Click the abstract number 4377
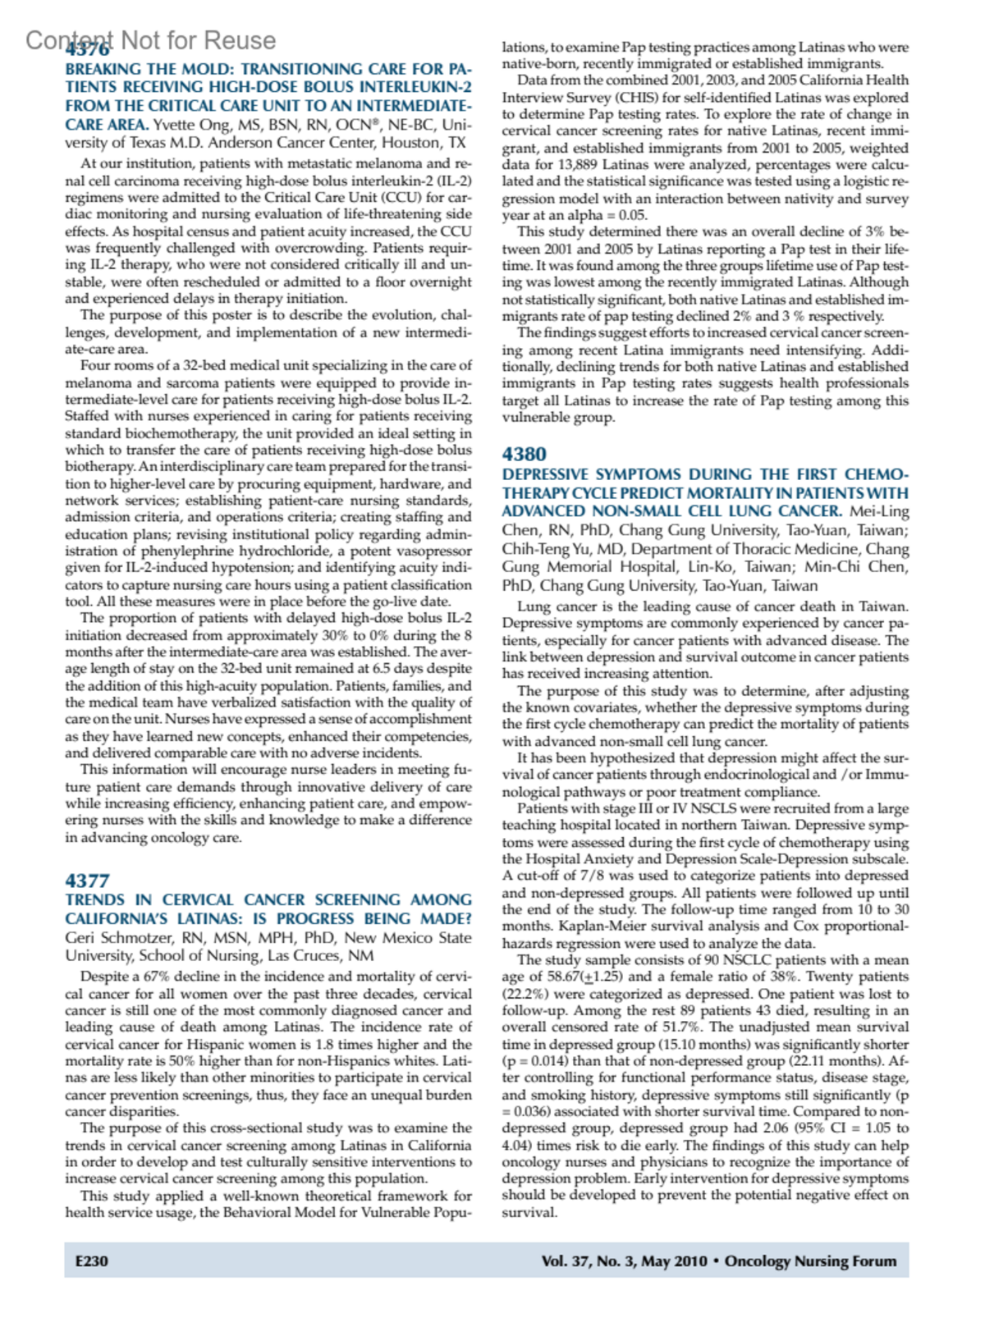tap(87, 881)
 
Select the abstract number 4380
tap(524, 454)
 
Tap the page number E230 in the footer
tap(91, 1261)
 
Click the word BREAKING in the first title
tap(102, 69)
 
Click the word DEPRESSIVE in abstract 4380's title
tap(545, 474)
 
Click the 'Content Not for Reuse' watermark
tap(150, 40)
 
